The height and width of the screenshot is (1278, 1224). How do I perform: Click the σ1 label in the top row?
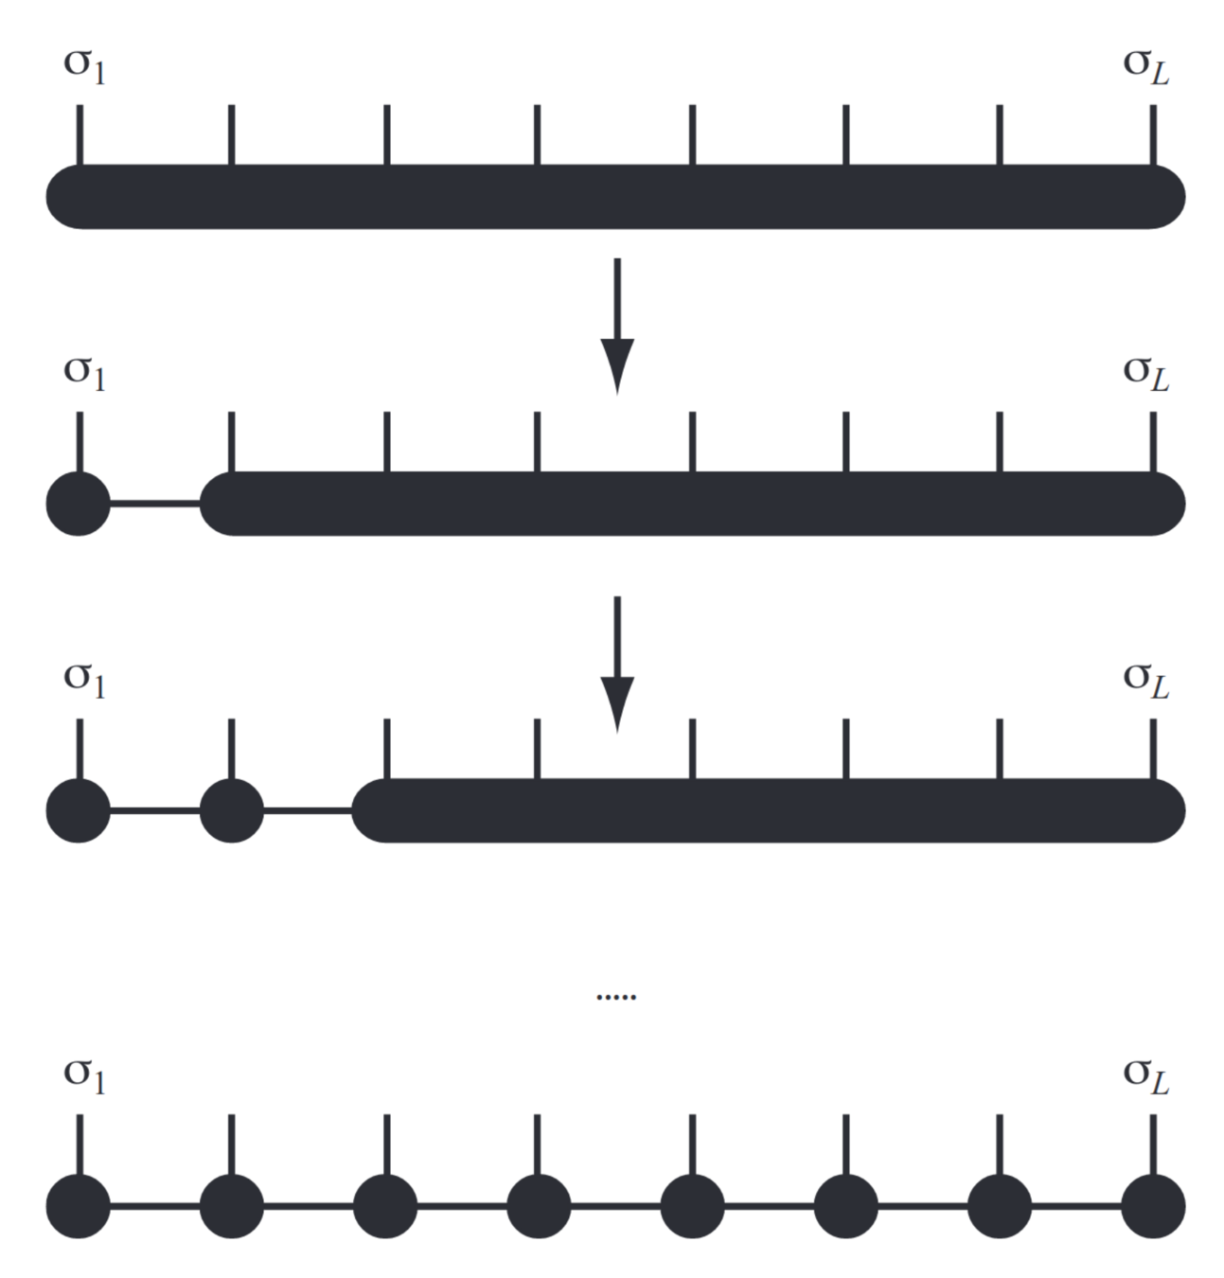[83, 66]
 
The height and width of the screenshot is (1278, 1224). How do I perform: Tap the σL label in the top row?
[1145, 66]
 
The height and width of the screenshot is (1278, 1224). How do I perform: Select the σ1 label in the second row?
[83, 371]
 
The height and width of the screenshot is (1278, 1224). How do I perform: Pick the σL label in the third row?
[1145, 680]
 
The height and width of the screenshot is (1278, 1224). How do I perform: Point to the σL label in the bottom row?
[1145, 1075]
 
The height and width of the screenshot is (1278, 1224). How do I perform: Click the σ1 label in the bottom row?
[83, 1075]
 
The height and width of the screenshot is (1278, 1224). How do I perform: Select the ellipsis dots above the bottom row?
[616, 997]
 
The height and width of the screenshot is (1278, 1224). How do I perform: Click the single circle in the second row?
[79, 504]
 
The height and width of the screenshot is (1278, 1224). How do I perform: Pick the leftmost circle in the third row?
[79, 810]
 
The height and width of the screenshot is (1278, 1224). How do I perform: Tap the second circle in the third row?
[232, 810]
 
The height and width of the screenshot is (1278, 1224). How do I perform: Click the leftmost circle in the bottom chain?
[79, 1206]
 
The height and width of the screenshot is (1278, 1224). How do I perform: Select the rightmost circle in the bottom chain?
[1153, 1206]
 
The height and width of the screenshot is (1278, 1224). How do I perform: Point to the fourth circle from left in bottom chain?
[539, 1206]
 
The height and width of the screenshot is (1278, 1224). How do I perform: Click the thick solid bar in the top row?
[615, 197]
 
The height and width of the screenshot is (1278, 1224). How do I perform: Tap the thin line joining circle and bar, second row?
[155, 504]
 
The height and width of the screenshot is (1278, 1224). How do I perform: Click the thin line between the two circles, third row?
[155, 810]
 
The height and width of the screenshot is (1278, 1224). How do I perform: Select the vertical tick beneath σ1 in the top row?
[80, 134]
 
